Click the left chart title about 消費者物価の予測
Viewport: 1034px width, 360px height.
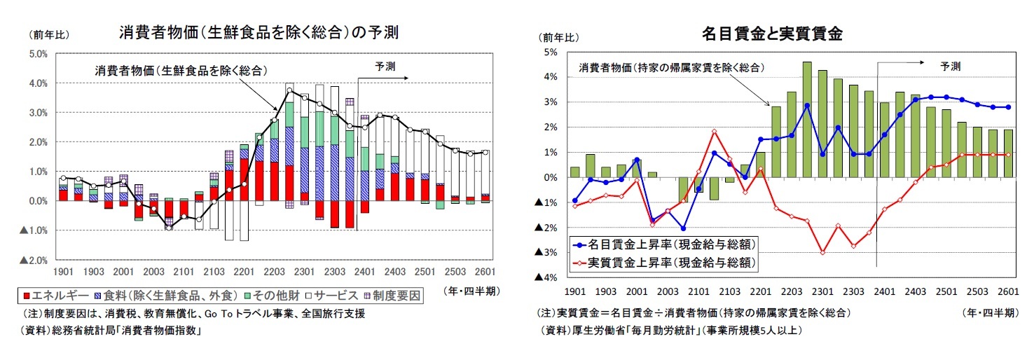258,32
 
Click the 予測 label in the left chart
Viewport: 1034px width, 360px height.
385,67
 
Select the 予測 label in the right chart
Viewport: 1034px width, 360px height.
951,67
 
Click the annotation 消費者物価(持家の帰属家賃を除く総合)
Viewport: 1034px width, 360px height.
670,68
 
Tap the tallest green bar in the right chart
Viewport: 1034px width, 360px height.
807,119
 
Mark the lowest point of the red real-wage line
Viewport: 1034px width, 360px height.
822,252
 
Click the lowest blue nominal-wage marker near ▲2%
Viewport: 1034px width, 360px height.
683,228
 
